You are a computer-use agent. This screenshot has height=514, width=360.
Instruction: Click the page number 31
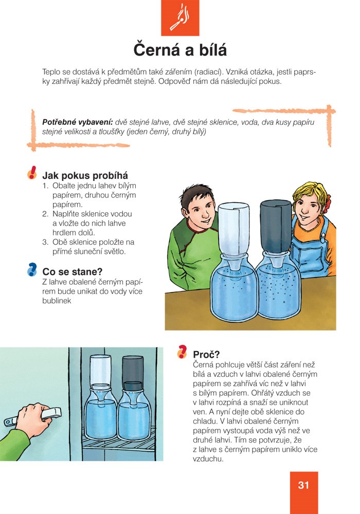tap(303, 485)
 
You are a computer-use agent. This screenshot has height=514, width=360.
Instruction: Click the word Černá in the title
tap(156, 50)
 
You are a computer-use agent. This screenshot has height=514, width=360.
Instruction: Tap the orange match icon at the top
tap(180, 18)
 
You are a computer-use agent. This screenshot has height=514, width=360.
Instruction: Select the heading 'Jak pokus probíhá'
tap(85, 175)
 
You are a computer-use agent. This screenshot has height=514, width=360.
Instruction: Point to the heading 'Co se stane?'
tap(72, 272)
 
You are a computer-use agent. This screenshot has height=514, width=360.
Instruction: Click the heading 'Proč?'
tap(206, 354)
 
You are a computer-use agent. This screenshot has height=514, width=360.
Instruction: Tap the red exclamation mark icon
tap(32, 172)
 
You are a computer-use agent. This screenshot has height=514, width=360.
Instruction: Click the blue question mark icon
tap(32, 269)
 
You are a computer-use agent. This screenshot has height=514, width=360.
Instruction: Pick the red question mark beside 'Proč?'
tap(182, 352)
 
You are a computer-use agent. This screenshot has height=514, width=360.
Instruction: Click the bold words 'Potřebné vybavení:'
tap(77, 122)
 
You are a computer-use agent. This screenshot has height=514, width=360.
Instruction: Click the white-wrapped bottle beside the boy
tap(233, 229)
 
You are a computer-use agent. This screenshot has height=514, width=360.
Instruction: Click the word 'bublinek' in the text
tap(57, 301)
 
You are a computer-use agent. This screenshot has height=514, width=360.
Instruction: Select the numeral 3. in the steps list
tap(46, 242)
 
